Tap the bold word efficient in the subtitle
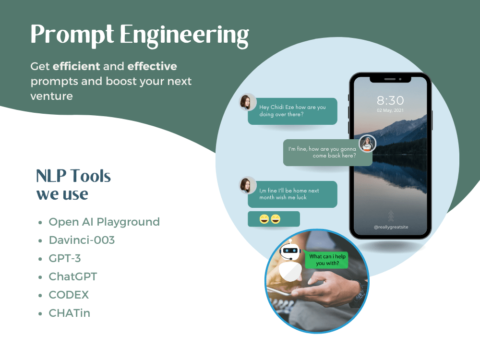coord(76,66)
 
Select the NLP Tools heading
coord(73,177)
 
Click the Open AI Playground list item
coord(104,222)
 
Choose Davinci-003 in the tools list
coord(82,240)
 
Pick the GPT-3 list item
coord(65,258)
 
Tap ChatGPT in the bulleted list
coord(73,276)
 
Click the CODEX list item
coord(69,295)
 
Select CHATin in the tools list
coord(69,313)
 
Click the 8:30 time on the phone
coord(390,101)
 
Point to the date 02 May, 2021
coord(390,111)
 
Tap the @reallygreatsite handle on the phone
coord(390,227)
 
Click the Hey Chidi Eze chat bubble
coord(292,111)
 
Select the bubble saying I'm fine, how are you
coord(327,152)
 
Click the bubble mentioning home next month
coord(292,194)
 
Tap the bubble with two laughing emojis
coord(274,219)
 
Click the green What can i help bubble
coord(327,260)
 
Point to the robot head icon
coord(289,250)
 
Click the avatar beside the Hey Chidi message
coord(248,102)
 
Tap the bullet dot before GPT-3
coord(40,259)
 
